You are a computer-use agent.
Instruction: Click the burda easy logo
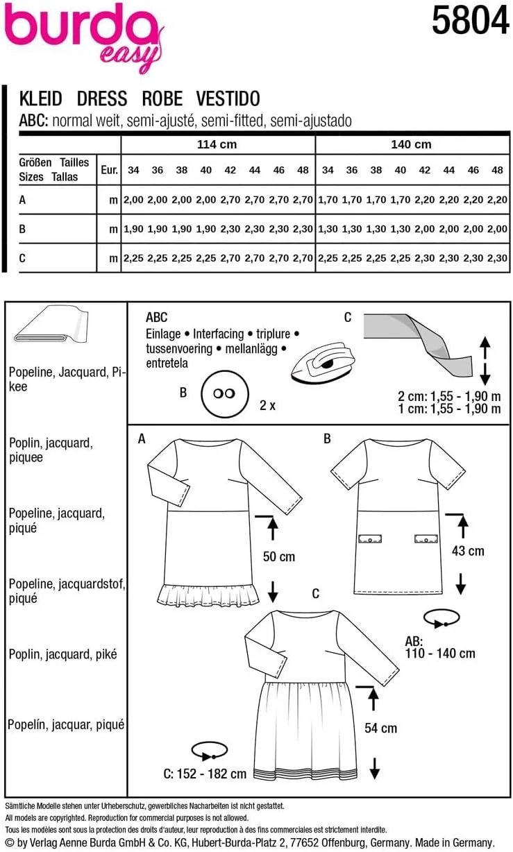point(83,35)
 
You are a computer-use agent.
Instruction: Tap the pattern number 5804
point(470,22)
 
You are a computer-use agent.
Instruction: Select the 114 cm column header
point(217,144)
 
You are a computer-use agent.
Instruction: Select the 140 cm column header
point(412,144)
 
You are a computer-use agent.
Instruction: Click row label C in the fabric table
point(23,258)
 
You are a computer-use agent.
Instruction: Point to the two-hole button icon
point(224,393)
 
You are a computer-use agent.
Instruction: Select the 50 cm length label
point(278,556)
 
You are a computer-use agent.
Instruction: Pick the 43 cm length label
point(467,551)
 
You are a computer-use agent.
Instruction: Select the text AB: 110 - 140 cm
point(440,647)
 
